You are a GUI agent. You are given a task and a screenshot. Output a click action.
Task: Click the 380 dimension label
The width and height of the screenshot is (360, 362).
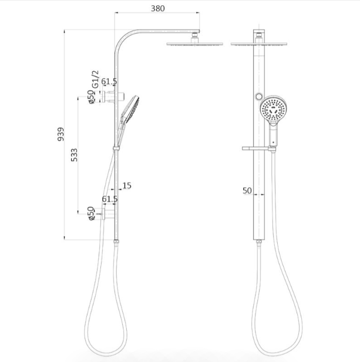[x=158, y=9]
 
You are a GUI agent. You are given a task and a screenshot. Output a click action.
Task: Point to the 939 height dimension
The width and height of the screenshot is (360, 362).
[x=60, y=134]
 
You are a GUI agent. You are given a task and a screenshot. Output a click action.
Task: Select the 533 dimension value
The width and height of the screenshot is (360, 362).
[x=74, y=155]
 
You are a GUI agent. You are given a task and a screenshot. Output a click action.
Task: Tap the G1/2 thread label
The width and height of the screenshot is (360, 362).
[x=95, y=79]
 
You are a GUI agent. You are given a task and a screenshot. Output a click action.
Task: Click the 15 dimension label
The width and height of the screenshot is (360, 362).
[x=127, y=185]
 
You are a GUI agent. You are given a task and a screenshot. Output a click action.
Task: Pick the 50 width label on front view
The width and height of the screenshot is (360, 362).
[x=247, y=190]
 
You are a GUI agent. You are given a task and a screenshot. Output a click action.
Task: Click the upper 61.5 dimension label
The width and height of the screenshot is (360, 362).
[x=109, y=82]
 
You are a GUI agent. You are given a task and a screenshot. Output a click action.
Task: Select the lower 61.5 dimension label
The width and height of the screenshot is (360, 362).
[x=110, y=199]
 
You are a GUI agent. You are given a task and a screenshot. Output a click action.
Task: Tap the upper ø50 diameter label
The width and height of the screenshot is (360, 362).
[x=92, y=97]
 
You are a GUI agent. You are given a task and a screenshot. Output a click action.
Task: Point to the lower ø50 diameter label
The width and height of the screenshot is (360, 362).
[x=92, y=213]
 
